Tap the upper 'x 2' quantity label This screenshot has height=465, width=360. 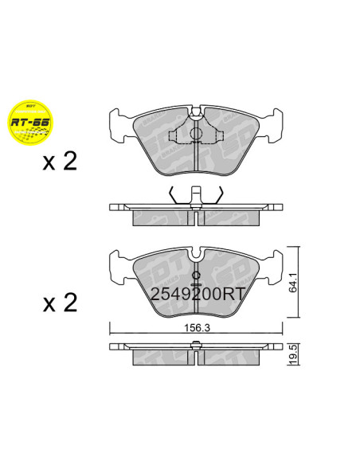click(x=61, y=162)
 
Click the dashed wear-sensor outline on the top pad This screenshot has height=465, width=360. click(x=196, y=134)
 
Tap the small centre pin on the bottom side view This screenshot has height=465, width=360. click(x=196, y=345)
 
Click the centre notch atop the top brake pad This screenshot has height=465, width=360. click(x=196, y=111)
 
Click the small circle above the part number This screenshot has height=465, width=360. click(x=196, y=276)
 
